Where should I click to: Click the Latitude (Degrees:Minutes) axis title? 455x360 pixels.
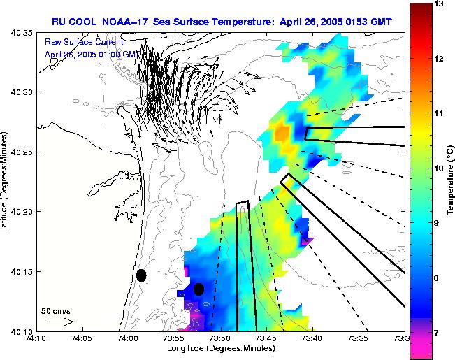5,181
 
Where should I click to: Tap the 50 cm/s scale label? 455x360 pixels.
55,310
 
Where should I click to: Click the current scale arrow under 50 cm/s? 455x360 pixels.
59,322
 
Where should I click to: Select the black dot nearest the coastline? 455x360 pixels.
141,275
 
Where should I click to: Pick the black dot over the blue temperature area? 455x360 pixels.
198,289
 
